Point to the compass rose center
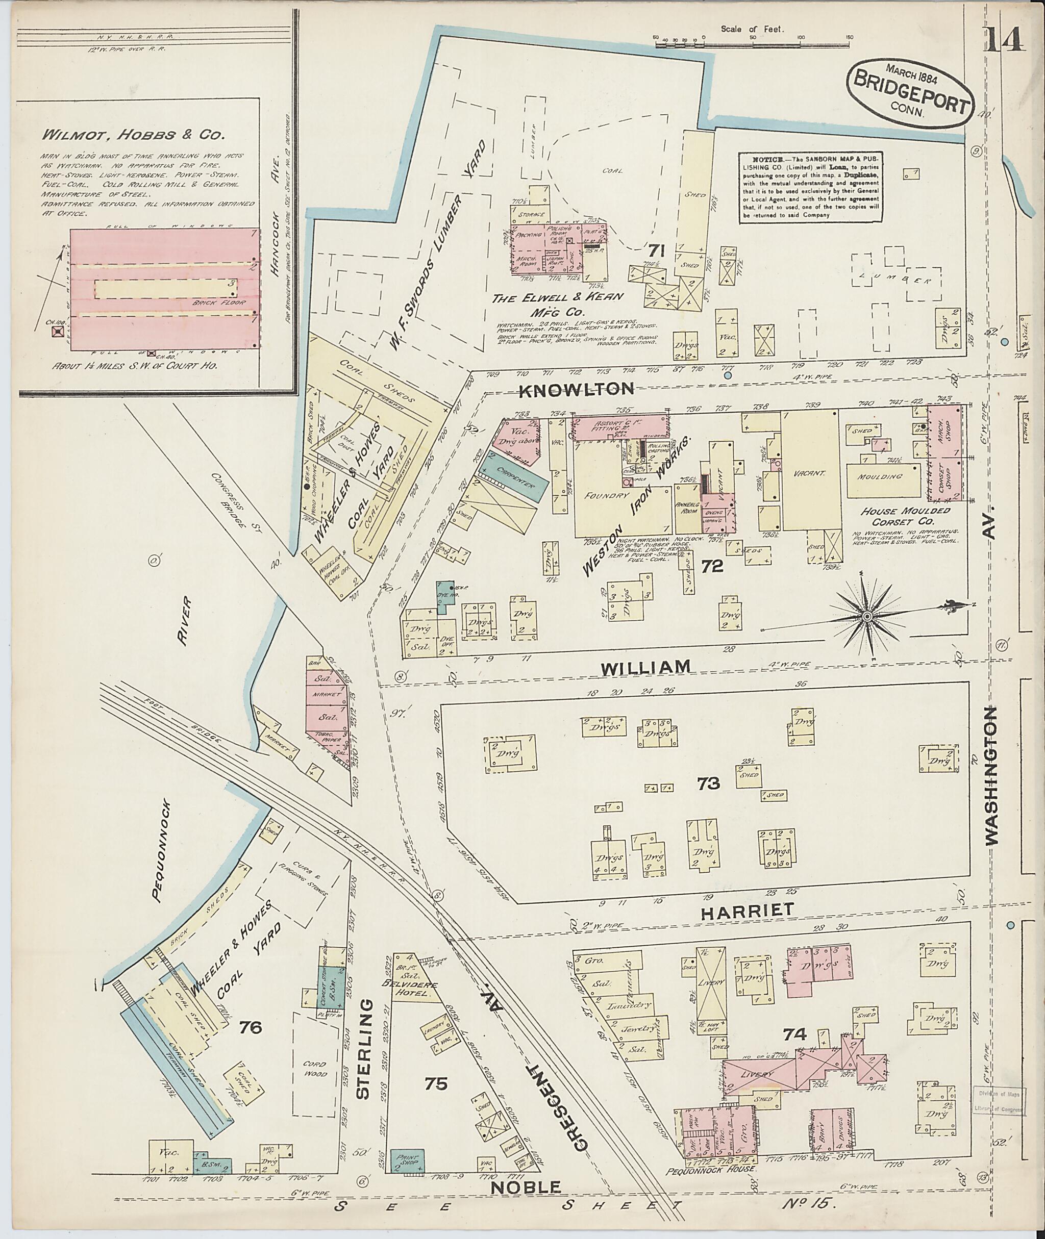click(x=867, y=617)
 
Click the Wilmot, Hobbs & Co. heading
click(x=133, y=135)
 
